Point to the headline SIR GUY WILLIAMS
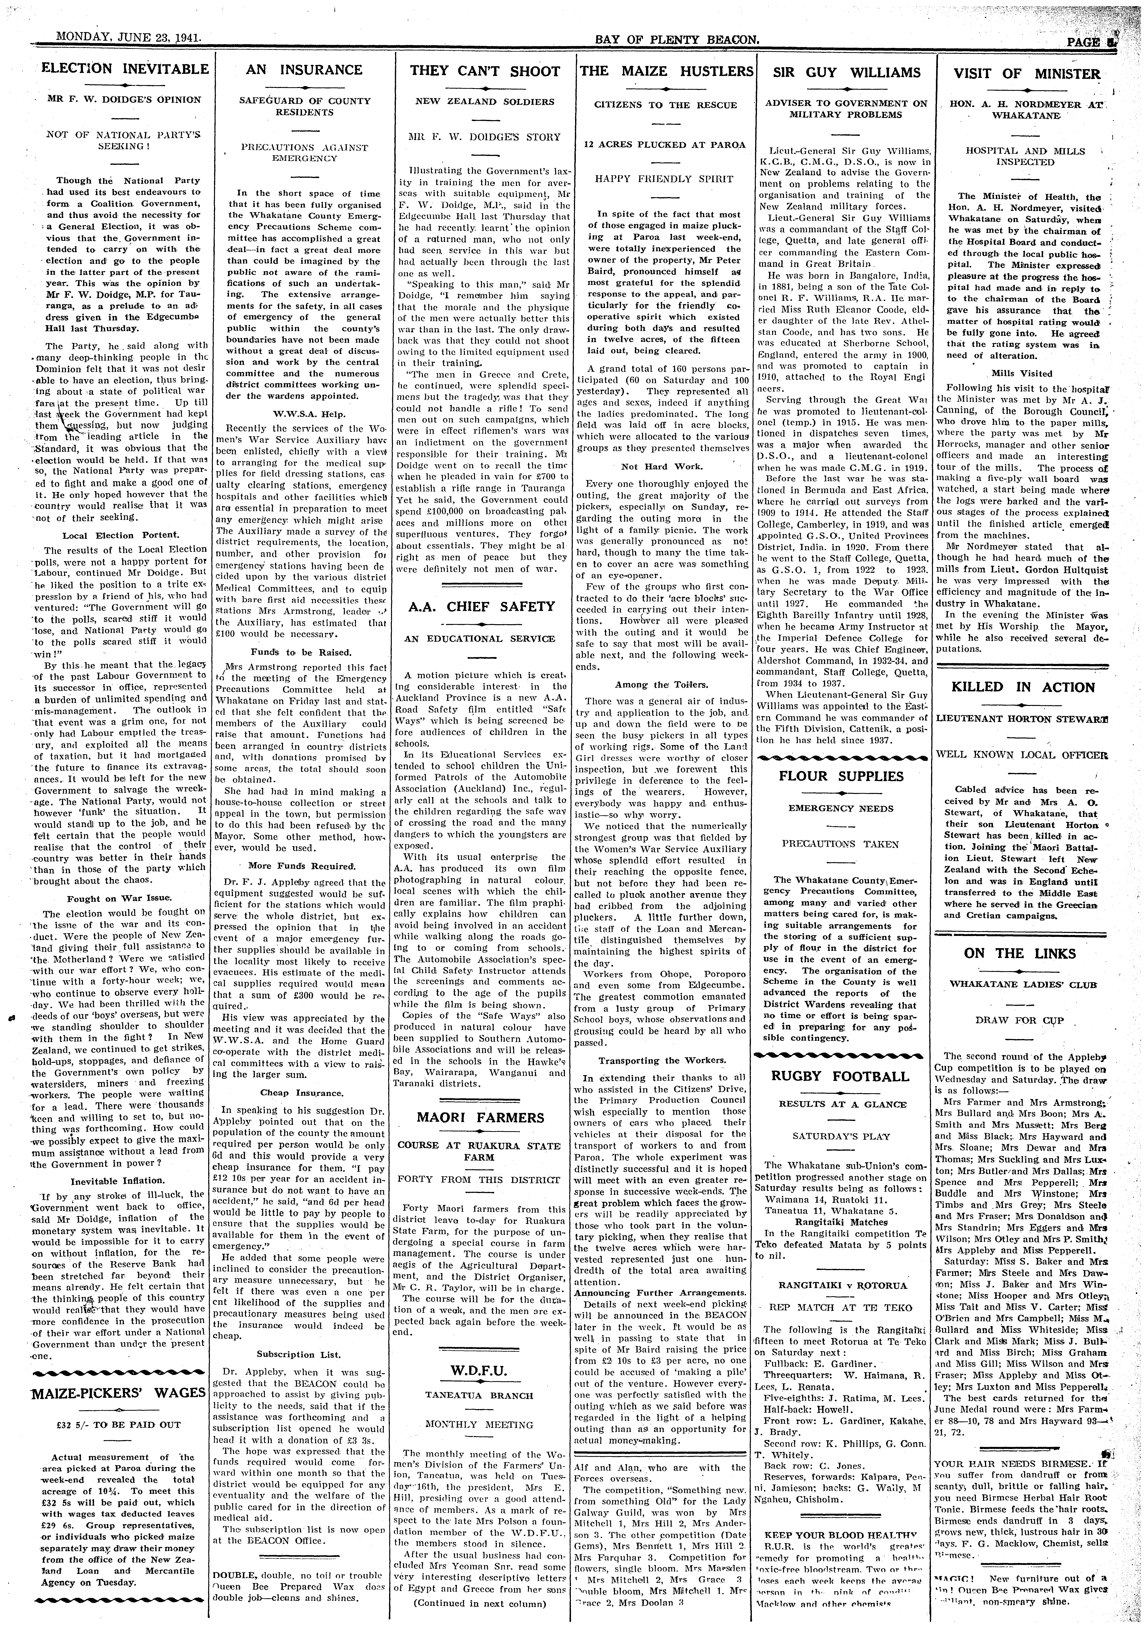(x=846, y=72)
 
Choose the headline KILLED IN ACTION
(x=1022, y=687)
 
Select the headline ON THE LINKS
(x=1019, y=954)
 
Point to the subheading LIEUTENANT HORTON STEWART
(x=1022, y=718)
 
